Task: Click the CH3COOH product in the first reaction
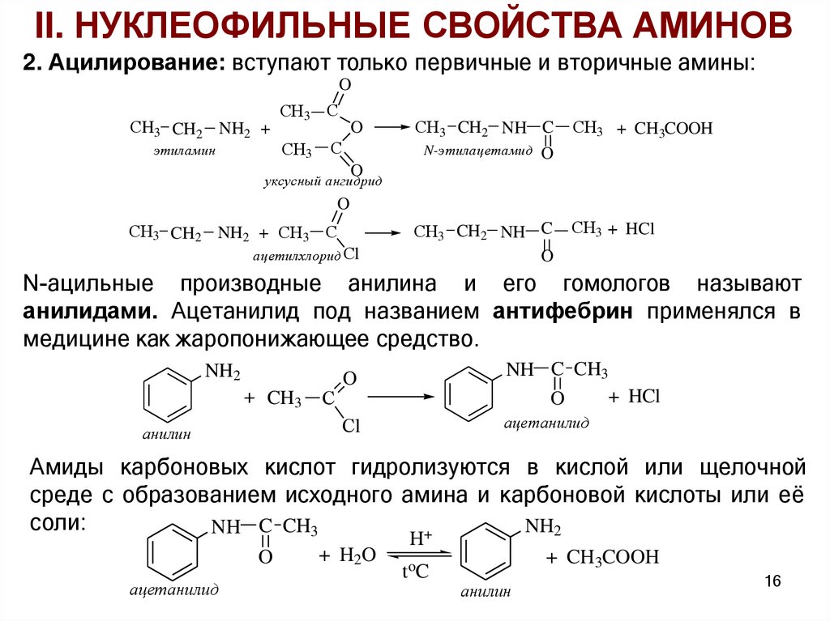(673, 129)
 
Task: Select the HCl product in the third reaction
(644, 397)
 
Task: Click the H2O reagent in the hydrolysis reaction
(357, 555)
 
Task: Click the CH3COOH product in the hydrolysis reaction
(612, 557)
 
